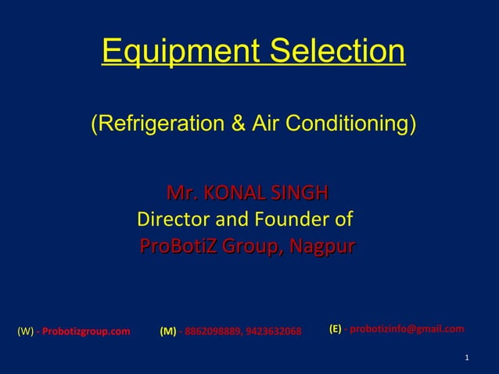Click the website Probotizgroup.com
(86, 331)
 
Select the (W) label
(24, 331)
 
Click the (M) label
(167, 331)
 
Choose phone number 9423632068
(273, 331)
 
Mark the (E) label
(335, 329)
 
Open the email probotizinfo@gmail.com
(407, 329)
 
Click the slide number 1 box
(466, 358)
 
